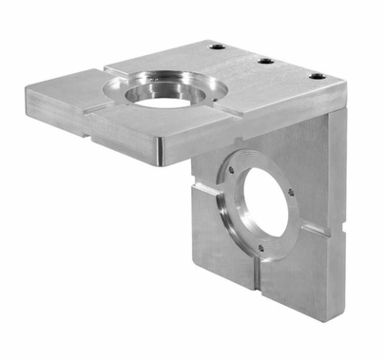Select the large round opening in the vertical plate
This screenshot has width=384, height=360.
coord(265,206)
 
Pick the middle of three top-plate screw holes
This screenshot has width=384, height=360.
coord(266,61)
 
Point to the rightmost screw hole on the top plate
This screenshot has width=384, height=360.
coord(317,75)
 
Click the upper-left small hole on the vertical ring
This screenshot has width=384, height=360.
coord(231,169)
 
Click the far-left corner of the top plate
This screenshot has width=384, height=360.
coord(28,84)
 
